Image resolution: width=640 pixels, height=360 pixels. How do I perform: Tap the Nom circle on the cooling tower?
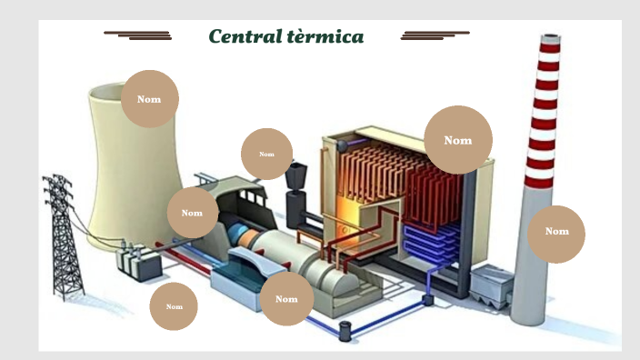tap(149, 99)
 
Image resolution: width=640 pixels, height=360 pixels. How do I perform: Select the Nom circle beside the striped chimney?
tap(556, 234)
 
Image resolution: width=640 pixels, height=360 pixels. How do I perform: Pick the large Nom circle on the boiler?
tap(458, 140)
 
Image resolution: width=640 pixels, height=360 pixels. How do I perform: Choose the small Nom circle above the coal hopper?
tap(266, 154)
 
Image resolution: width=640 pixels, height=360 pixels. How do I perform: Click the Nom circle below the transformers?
tap(174, 306)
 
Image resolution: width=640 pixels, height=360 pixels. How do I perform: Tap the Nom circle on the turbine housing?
tap(286, 299)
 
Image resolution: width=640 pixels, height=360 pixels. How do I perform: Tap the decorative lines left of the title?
tap(138, 35)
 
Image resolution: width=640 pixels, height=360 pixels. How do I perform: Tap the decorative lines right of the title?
tap(435, 35)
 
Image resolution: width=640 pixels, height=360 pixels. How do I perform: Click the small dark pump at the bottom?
tap(345, 331)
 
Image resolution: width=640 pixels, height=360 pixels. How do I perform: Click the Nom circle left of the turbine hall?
tap(192, 214)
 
